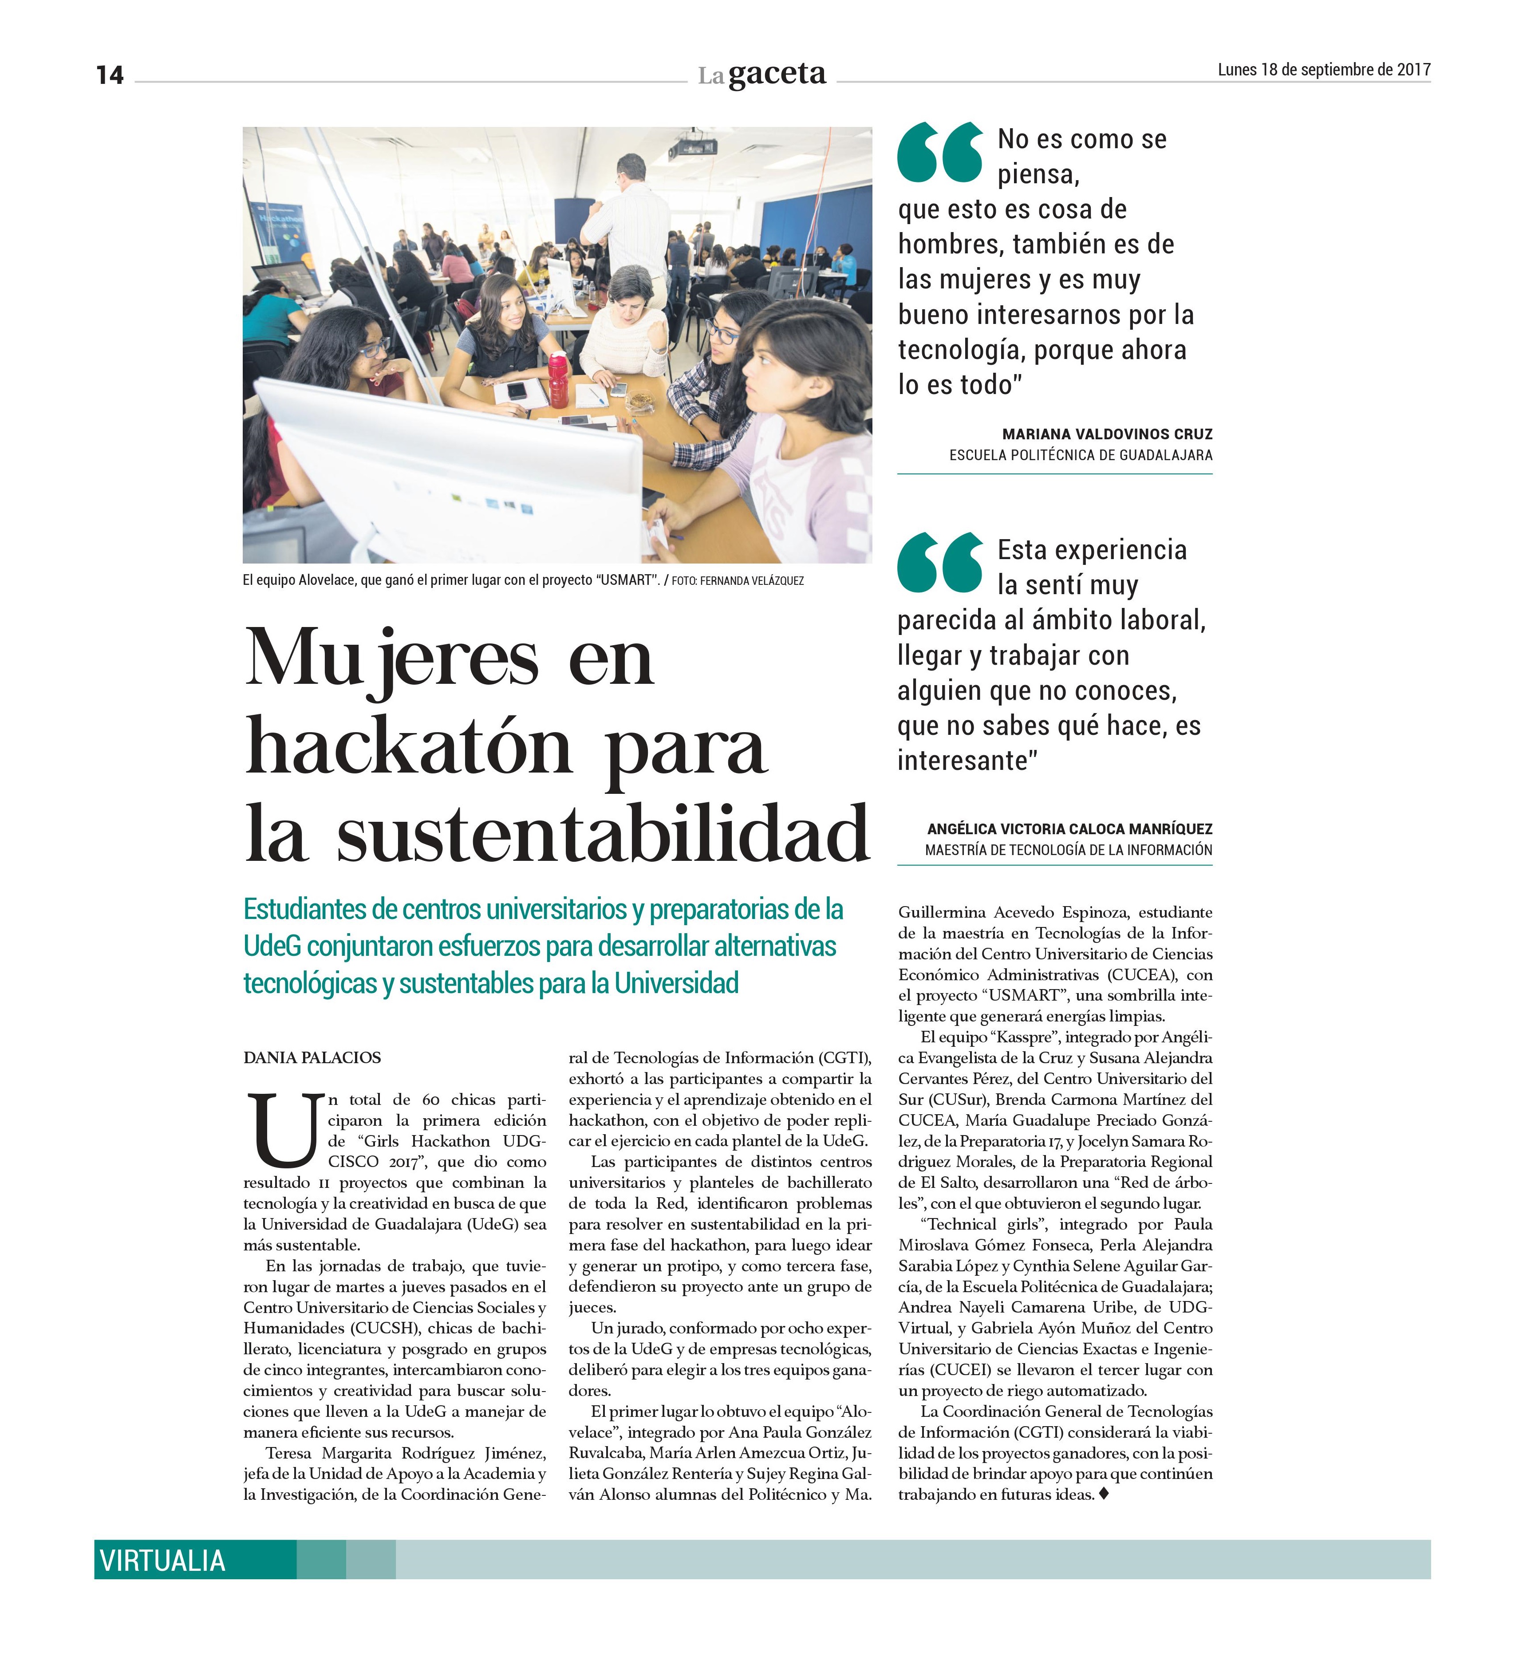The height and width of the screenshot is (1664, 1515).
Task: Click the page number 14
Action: (109, 75)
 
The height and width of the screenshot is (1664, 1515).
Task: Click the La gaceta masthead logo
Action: (761, 74)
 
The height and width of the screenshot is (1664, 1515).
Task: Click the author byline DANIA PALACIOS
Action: (312, 1057)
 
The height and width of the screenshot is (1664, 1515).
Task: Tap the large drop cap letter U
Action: (284, 1128)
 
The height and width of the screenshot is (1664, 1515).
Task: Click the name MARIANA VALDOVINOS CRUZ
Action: (1106, 434)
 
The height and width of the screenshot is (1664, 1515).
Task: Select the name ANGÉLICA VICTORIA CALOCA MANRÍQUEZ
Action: (1069, 829)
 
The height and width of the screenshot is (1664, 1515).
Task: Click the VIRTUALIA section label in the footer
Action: (163, 1561)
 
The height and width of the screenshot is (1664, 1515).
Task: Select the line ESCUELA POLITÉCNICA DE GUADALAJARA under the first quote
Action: (1080, 455)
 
